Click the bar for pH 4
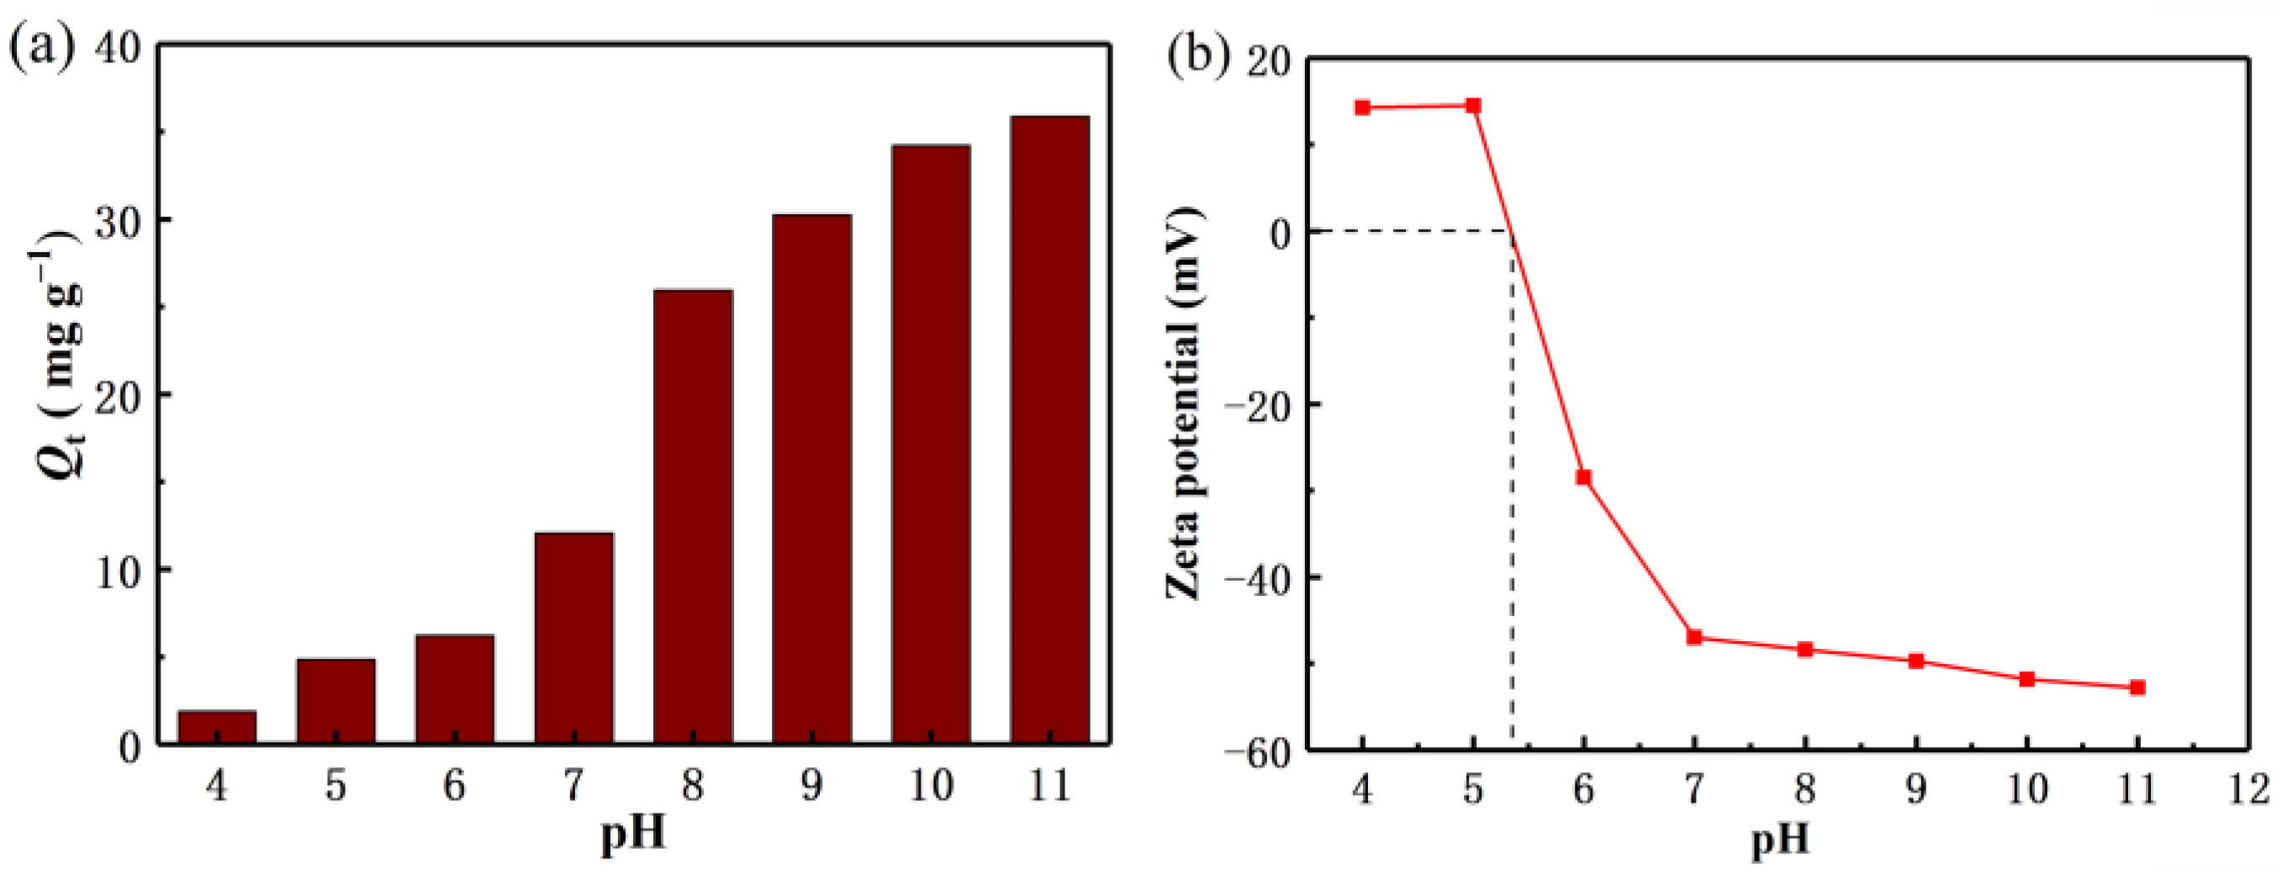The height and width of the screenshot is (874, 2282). [x=217, y=726]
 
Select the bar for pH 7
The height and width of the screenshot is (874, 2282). [x=574, y=638]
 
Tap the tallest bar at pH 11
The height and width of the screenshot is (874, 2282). [x=1049, y=429]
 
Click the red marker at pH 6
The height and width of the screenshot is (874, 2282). [x=1583, y=478]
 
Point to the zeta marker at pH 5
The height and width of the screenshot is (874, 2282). [x=1473, y=106]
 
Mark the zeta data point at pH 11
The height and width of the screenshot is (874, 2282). [x=2137, y=687]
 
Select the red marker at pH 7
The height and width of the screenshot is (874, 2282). [x=1693, y=638]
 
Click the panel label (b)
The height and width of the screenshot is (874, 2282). [x=1198, y=55]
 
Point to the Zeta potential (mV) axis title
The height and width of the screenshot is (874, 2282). [x=1185, y=403]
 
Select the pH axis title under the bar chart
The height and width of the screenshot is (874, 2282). [x=632, y=835]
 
